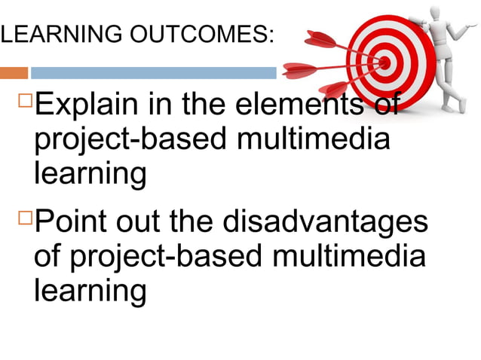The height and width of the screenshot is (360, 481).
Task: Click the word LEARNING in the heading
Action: [44, 34]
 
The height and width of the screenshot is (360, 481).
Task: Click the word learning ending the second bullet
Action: [90, 291]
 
